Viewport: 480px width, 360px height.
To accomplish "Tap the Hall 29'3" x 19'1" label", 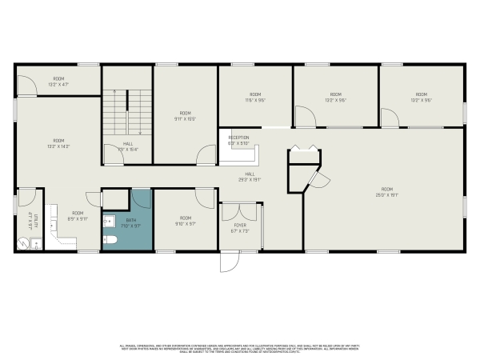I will [x=250, y=177].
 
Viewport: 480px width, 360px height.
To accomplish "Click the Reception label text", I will [x=238, y=140].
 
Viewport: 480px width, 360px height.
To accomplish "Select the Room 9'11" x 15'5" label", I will [x=186, y=115].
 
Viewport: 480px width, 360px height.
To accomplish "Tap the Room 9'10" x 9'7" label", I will [x=186, y=220].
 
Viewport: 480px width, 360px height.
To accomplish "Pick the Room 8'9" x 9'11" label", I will [x=77, y=214].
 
